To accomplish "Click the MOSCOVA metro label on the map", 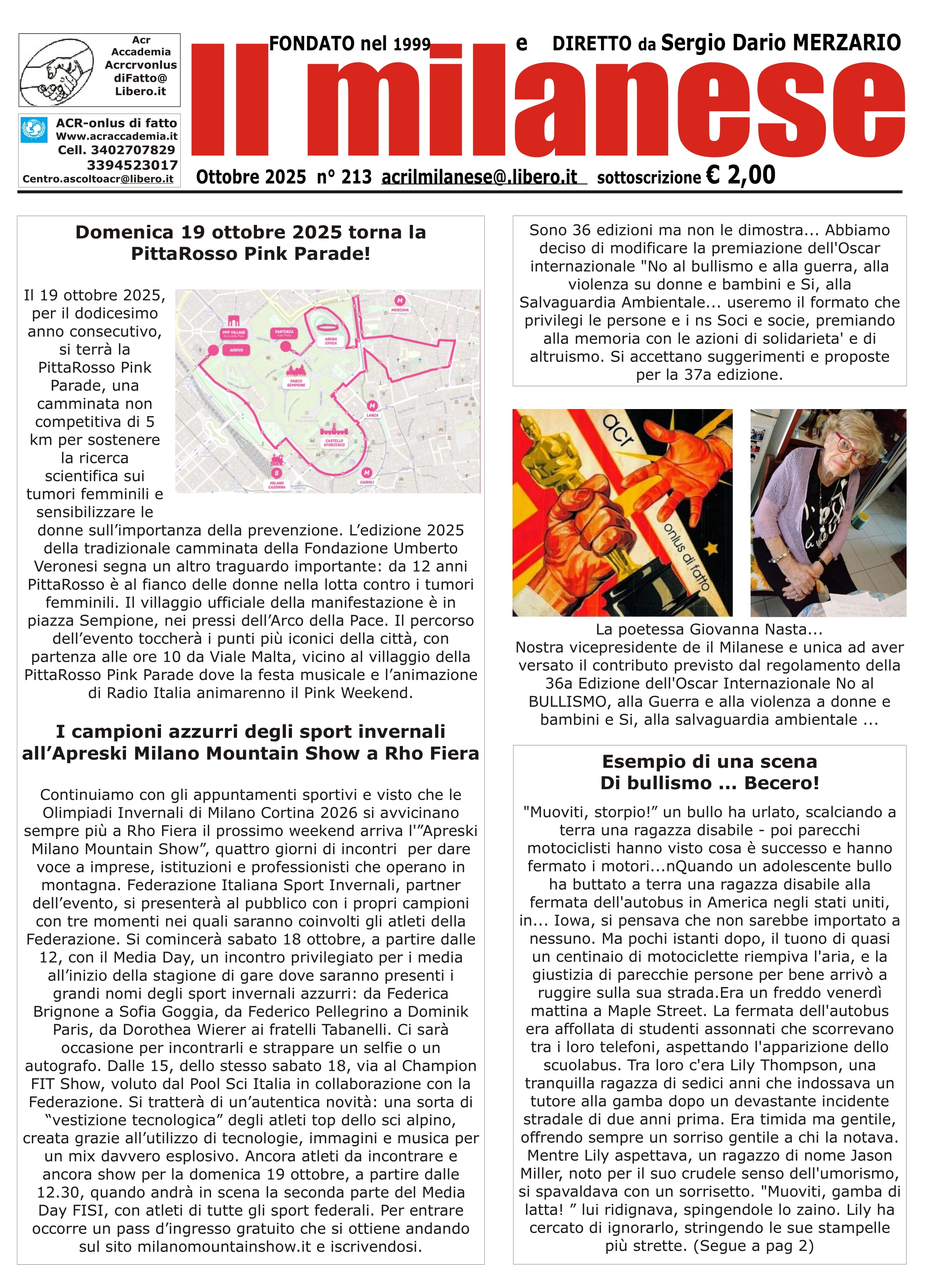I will pyautogui.click(x=400, y=310).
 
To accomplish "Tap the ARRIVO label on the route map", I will pyautogui.click(x=236, y=350).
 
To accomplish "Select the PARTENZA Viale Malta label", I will pyautogui.click(x=284, y=333).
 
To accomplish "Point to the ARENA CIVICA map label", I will pyautogui.click(x=331, y=341).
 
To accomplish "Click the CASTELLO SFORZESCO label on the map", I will pyautogui.click(x=334, y=443).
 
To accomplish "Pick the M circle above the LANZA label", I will pyautogui.click(x=372, y=406).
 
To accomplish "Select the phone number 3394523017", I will pyautogui.click(x=132, y=165).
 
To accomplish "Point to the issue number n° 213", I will pyautogui.click(x=344, y=177).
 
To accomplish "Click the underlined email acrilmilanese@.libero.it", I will pyautogui.click(x=479, y=177).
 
